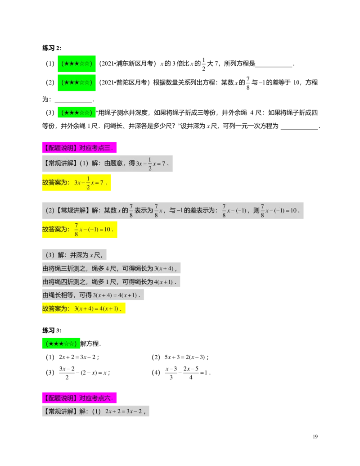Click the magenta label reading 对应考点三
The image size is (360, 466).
click(79, 147)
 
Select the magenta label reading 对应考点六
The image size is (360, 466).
click(79, 398)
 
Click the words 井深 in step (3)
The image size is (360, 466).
click(76, 255)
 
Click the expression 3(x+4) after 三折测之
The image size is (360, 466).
click(164, 269)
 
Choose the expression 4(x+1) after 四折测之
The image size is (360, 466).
click(164, 282)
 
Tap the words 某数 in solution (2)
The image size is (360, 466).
click(110, 210)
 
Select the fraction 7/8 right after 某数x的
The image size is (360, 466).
click(131, 210)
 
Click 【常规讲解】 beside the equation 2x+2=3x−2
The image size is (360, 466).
click(60, 412)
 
